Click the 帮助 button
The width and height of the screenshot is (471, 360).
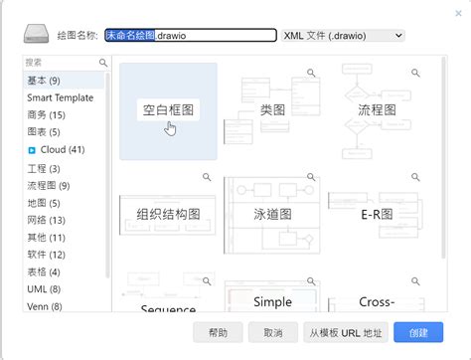[219, 332]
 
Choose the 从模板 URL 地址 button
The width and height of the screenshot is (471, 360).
[345, 332]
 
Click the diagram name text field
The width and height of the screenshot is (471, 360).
[190, 35]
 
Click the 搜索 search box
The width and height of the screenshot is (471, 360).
[62, 63]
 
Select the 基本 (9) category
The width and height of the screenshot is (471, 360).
[45, 81]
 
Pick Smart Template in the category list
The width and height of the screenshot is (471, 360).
[60, 97]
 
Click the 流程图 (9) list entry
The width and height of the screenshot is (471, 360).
[49, 185]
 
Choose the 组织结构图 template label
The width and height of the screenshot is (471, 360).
[167, 213]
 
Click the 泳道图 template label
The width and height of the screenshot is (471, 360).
[272, 213]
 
